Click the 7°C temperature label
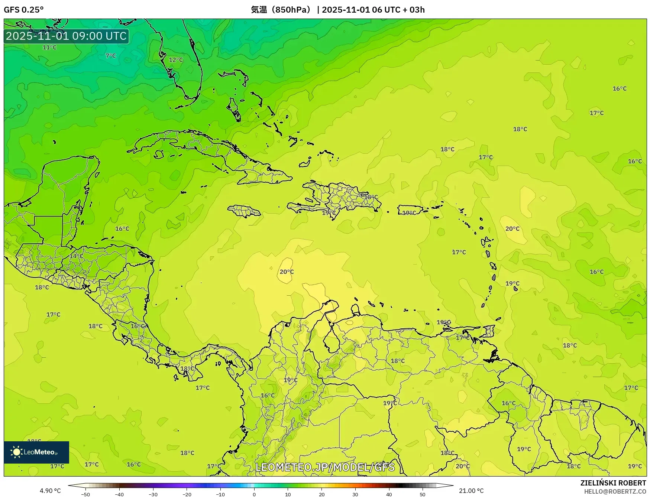click(x=111, y=56)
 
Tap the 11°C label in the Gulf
click(x=49, y=48)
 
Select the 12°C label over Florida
click(x=176, y=60)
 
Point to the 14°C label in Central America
click(x=76, y=256)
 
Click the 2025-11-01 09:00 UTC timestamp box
click(x=66, y=36)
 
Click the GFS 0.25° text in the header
click(x=23, y=10)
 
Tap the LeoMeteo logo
click(x=36, y=452)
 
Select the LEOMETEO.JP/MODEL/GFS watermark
click(x=325, y=467)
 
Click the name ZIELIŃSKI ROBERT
click(x=613, y=483)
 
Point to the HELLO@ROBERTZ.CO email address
click(x=615, y=491)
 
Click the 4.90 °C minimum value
click(x=50, y=491)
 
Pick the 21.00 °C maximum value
click(x=471, y=491)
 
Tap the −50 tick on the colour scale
click(x=85, y=494)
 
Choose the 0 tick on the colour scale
click(x=254, y=494)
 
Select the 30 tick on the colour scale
click(x=355, y=494)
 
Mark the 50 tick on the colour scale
click(x=423, y=494)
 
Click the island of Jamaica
click(x=244, y=211)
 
